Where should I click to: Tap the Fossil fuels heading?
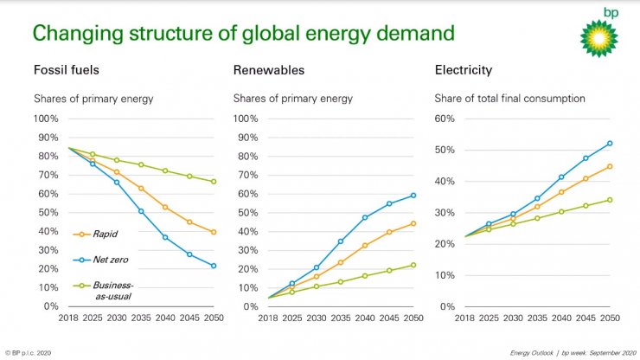pyautogui.click(x=66, y=70)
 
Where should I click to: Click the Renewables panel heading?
pyautogui.click(x=268, y=70)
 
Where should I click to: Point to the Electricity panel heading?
pyautogui.click(x=463, y=70)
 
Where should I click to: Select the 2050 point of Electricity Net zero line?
pyautogui.click(x=611, y=144)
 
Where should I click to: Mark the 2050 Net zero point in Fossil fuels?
pyautogui.click(x=213, y=266)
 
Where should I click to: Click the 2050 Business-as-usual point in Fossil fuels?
pyautogui.click(x=213, y=182)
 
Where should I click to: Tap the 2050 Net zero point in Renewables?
pyautogui.click(x=413, y=196)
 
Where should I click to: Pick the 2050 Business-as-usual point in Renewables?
pyautogui.click(x=413, y=265)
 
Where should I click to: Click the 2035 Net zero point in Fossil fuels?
pyautogui.click(x=141, y=211)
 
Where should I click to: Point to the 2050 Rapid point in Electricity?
pyautogui.click(x=611, y=166)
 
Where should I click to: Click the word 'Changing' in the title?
pyautogui.click(x=77, y=35)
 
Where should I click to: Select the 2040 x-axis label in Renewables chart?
pyautogui.click(x=365, y=318)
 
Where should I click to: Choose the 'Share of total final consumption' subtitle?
pyautogui.click(x=509, y=99)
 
